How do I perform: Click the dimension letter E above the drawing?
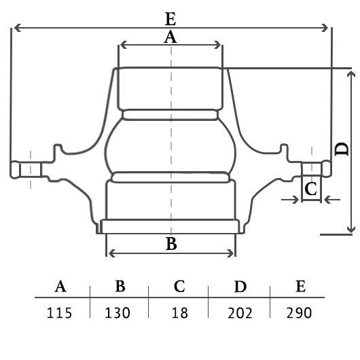click(x=170, y=18)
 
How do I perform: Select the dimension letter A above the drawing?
click(x=170, y=37)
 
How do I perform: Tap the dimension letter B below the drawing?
click(x=171, y=243)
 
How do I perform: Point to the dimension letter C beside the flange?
click(x=311, y=189)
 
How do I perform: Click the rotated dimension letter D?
click(x=342, y=149)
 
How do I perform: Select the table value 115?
click(x=59, y=312)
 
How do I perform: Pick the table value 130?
click(x=118, y=312)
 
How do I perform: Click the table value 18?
click(x=180, y=312)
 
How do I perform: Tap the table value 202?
click(x=240, y=312)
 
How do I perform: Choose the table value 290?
click(x=299, y=312)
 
